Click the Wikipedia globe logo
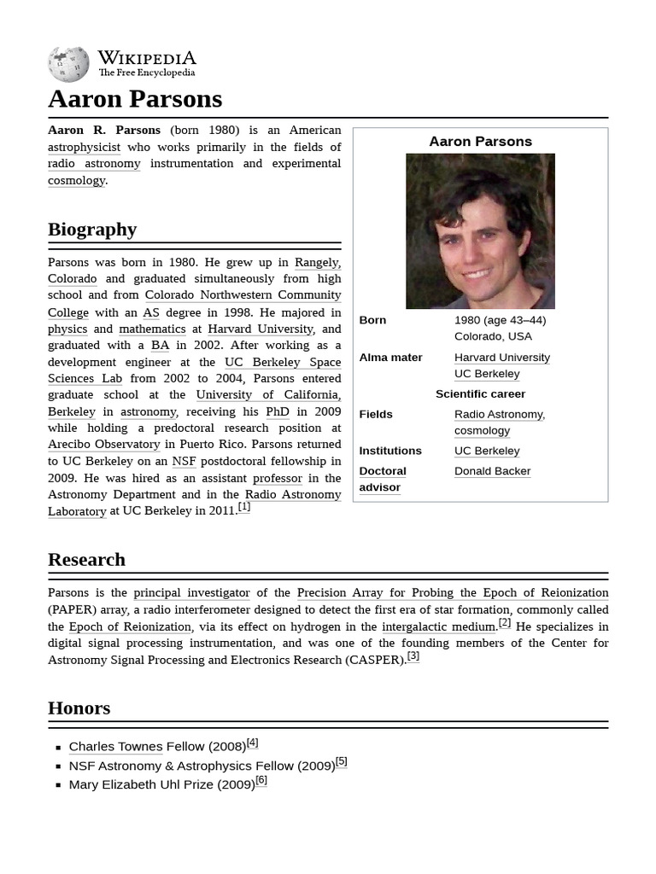[68, 64]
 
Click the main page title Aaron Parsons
[135, 99]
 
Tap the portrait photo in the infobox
[480, 230]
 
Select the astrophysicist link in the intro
[84, 147]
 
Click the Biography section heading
[92, 229]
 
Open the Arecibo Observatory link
[103, 444]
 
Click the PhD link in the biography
[278, 411]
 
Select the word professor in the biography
[278, 478]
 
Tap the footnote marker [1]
[244, 507]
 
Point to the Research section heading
[86, 560]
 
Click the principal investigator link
[191, 592]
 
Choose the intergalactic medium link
[439, 626]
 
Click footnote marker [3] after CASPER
[413, 656]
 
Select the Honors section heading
[79, 708]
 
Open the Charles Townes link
[115, 747]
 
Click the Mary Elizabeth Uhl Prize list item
[161, 784]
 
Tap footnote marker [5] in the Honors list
[342, 761]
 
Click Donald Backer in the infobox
[492, 471]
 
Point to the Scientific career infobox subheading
[480, 393]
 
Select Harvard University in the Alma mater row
[501, 357]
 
